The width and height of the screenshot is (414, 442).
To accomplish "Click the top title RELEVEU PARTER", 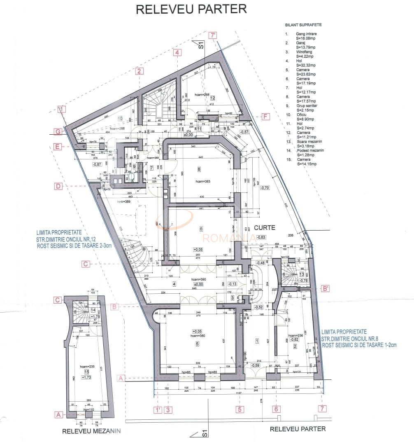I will pos(191,9).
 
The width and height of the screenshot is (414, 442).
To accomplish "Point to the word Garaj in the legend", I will pos(300,43).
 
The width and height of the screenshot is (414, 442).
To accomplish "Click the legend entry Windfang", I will pos(304,52).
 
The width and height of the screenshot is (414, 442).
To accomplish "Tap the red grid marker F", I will pos(265,117).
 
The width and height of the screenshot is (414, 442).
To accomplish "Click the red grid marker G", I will pos(58,131).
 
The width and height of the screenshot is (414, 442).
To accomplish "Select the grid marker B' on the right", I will pos(326,289).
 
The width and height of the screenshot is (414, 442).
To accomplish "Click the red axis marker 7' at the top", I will pos(213,35).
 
